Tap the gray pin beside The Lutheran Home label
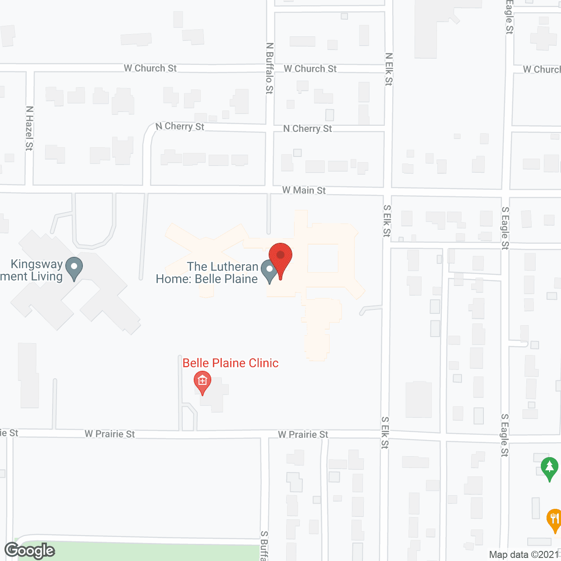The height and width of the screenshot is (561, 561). pos(269,270)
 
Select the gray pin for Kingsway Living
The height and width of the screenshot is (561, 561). pos(74,267)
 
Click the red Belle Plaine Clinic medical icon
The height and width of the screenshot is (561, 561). pos(202,381)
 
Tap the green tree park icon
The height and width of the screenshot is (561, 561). pos(549,468)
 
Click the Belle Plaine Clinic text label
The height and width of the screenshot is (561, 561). pos(231,363)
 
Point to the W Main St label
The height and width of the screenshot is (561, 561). pos(304,190)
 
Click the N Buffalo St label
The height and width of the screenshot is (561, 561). pos(270,68)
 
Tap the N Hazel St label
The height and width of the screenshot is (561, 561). pos(29,128)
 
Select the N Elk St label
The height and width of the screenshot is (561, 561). pos(389,69)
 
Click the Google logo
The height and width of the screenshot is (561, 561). pos(30,550)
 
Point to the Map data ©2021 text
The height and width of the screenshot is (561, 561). pos(524,554)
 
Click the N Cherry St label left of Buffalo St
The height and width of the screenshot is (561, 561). pos(180,126)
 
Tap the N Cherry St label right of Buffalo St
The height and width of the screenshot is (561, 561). pos(308,128)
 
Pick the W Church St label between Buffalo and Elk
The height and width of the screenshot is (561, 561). pos(310,69)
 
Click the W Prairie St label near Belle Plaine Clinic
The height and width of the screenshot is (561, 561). pos(110,434)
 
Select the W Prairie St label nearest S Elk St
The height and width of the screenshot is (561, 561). pos(303,434)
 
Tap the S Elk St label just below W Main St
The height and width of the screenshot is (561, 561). pos(387,221)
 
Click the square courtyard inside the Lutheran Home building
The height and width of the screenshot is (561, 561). pos(323,258)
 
